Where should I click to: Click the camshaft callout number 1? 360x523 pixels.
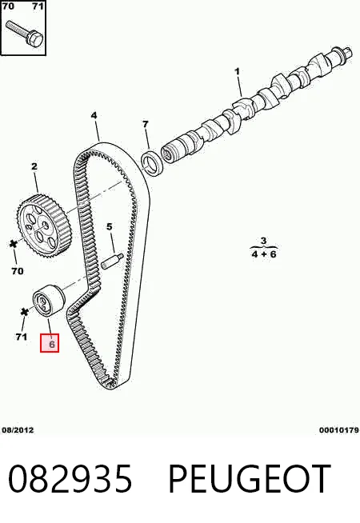(x=238, y=72)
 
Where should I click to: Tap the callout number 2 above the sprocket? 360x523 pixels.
(x=34, y=166)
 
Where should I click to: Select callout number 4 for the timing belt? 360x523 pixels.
(x=94, y=115)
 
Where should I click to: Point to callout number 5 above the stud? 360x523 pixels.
(x=110, y=227)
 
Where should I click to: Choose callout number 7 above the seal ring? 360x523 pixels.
(x=145, y=124)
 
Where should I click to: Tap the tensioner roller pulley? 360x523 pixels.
(x=49, y=300)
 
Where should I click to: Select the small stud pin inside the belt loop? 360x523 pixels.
(x=112, y=261)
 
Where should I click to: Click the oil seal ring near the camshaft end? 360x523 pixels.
(x=152, y=162)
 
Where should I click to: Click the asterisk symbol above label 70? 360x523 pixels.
(x=14, y=244)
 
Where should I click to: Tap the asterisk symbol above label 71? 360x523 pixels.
(x=24, y=312)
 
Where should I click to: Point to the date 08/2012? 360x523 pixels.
(x=18, y=430)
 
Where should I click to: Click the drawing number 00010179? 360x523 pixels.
(x=339, y=430)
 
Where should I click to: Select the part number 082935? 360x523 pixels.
(x=70, y=479)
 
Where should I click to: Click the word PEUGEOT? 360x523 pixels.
(x=250, y=479)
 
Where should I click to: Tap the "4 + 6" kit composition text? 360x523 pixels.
(x=264, y=254)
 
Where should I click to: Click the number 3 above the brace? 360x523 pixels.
(x=263, y=240)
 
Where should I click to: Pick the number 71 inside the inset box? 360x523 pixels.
(x=38, y=6)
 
